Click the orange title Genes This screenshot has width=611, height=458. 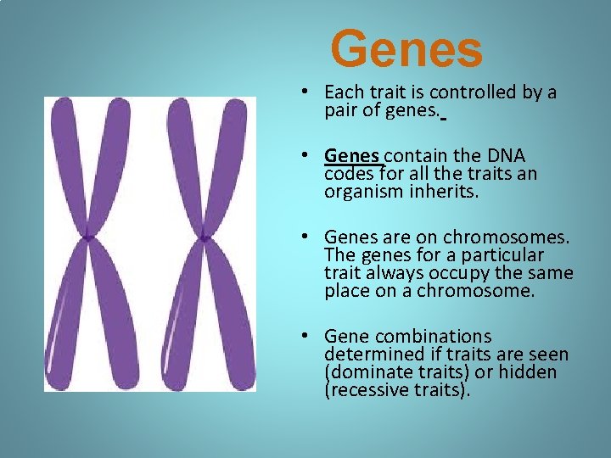pos(406,49)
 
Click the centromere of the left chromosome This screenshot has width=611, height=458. pos(87,238)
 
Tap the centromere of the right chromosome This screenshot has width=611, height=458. pos(204,238)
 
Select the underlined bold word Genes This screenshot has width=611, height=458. pos(354,156)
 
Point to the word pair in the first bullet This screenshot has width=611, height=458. pos(341,110)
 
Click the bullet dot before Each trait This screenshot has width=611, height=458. pos(314,92)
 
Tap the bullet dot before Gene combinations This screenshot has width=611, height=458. pos(314,337)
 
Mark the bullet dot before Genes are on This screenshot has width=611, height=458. pos(314,237)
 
